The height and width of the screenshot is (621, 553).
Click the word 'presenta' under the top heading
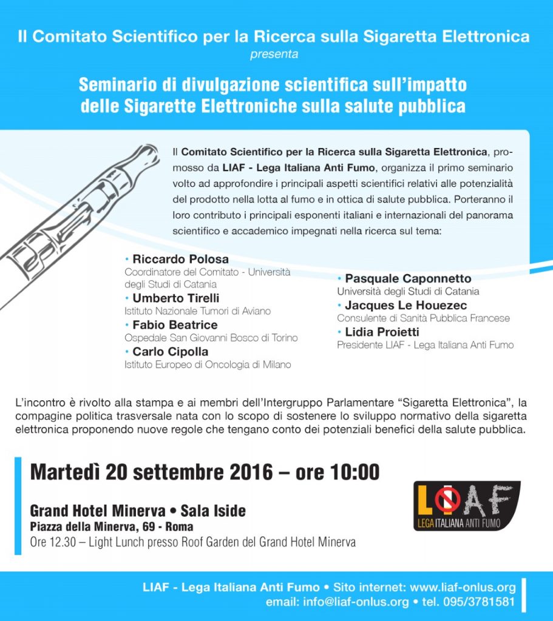tap(274, 55)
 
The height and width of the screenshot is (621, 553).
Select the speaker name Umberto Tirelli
tap(176, 298)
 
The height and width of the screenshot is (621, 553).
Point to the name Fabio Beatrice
tap(175, 325)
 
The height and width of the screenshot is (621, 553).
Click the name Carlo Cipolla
tap(170, 352)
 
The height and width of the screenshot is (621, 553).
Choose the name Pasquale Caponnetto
tap(408, 278)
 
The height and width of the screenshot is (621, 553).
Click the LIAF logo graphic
tap(466, 506)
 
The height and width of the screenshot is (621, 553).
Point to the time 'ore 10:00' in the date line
tap(338, 472)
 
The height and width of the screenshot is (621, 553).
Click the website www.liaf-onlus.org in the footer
tap(463, 587)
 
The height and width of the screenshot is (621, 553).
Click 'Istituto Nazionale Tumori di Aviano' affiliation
tap(197, 311)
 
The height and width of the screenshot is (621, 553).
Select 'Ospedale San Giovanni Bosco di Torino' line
tap(211, 338)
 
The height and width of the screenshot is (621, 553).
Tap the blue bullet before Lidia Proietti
tap(340, 332)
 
